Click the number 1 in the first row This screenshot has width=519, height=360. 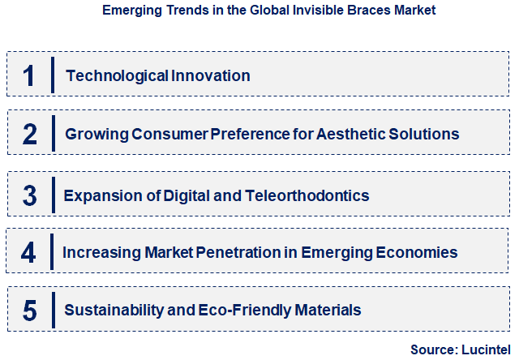pyautogui.click(x=28, y=75)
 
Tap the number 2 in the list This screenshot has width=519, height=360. pyautogui.click(x=29, y=134)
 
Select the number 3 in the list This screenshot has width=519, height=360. pyautogui.click(x=29, y=195)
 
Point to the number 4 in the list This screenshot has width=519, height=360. pyautogui.click(x=28, y=252)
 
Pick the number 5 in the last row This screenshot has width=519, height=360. pyautogui.click(x=29, y=310)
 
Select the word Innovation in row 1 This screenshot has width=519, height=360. pyautogui.click(x=211, y=75)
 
